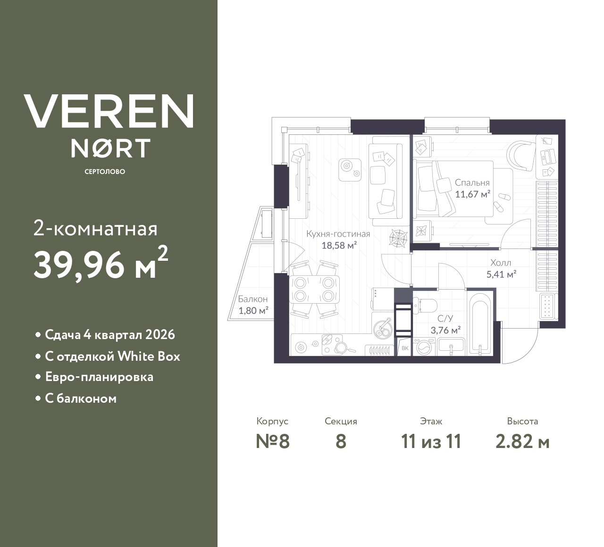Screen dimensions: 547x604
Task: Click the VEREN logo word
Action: [x=109, y=111]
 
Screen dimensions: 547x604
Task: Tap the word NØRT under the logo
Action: [x=110, y=149]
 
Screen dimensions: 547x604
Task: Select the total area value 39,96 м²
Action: [x=100, y=264]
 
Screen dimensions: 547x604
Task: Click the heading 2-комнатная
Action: [x=96, y=229]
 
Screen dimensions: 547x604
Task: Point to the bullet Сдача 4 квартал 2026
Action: [x=109, y=335]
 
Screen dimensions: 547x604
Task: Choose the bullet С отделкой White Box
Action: [x=112, y=356]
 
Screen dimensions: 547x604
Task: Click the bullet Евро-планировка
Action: [x=99, y=377]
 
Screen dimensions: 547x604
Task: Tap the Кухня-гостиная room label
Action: [x=338, y=234]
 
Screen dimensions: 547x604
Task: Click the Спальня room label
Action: [x=472, y=182]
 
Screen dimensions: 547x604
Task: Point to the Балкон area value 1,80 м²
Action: [x=253, y=310]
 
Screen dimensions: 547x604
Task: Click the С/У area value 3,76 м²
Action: [x=445, y=330]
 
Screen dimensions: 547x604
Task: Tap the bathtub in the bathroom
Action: [x=480, y=324]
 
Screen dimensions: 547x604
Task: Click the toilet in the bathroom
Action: [x=426, y=305]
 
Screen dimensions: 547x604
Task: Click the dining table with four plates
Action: [x=314, y=290]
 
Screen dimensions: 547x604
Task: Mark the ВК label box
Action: [x=404, y=348]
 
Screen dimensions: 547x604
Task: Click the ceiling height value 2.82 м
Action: [x=522, y=442]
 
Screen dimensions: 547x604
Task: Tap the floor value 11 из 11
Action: [x=430, y=442]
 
